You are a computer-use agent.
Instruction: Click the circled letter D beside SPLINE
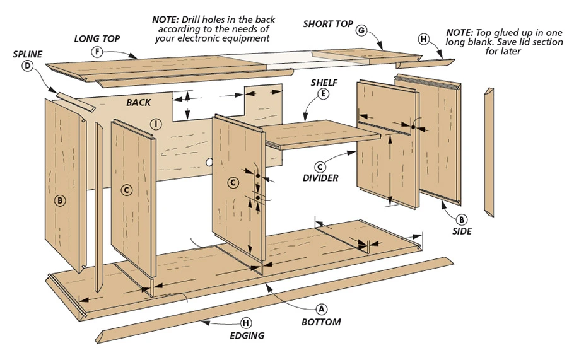point(28,66)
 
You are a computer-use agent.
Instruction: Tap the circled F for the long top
point(97,52)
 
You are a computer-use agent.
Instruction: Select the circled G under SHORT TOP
point(361,30)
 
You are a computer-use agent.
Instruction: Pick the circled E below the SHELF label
point(324,94)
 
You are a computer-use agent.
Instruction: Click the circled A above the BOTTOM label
point(320,309)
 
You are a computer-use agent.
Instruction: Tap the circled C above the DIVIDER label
point(320,166)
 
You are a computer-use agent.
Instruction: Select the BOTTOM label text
point(320,322)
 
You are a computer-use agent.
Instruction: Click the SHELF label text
point(324,82)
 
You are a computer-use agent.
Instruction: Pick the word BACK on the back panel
point(138,102)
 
